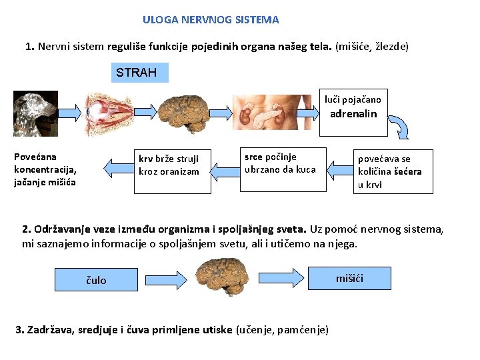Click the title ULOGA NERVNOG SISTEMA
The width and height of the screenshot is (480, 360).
tap(211, 20)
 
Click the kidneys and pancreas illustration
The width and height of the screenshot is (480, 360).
tap(271, 113)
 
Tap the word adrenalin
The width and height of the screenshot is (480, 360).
tap(353, 114)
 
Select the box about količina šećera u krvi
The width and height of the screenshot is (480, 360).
tap(393, 171)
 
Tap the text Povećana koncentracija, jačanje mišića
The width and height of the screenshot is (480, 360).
tap(45, 169)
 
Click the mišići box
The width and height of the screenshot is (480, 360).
tap(349, 277)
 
